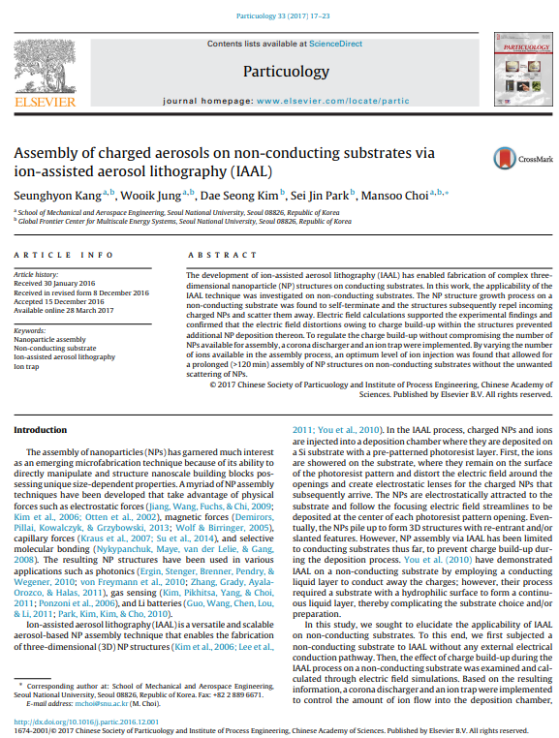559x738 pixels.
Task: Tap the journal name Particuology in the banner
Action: click(x=279, y=71)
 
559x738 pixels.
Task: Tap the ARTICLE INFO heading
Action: click(x=56, y=255)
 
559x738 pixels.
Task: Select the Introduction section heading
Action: click(x=39, y=428)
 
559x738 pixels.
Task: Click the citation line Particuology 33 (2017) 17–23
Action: click(x=279, y=16)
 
